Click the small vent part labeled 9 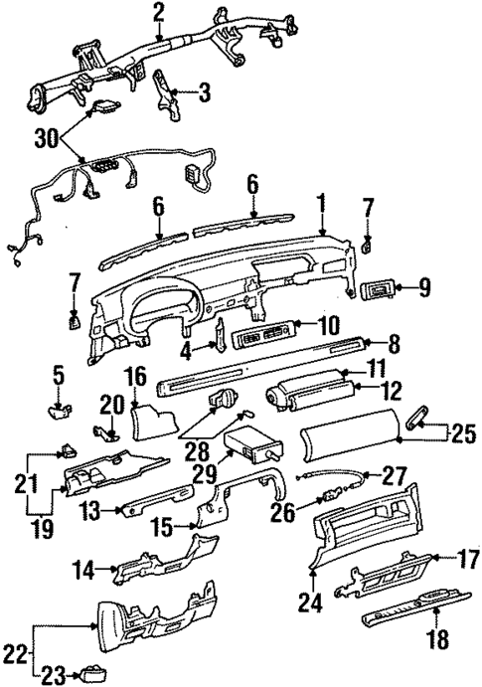pos(378,291)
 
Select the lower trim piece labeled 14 pos(161,569)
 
